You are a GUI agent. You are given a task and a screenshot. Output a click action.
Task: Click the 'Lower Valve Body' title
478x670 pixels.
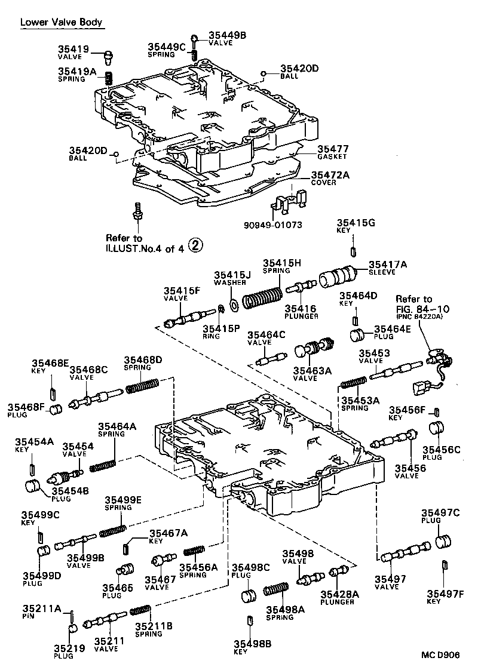(x=62, y=23)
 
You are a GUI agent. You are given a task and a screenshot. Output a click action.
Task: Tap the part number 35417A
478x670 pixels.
(x=388, y=265)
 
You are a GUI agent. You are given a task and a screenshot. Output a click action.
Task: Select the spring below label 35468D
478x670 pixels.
(x=141, y=389)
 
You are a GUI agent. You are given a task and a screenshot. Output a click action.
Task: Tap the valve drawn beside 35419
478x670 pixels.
(x=108, y=57)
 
